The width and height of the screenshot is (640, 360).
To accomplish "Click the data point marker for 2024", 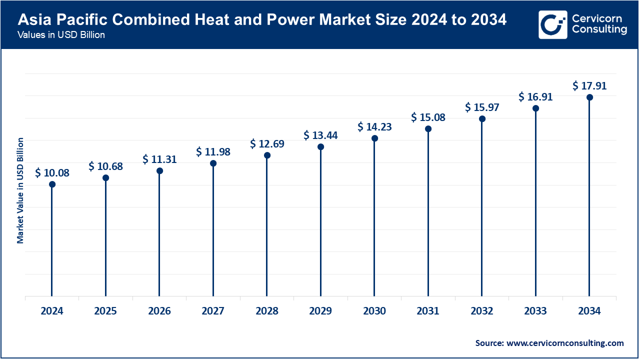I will (x=52, y=184).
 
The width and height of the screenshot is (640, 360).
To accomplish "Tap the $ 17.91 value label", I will (x=589, y=86).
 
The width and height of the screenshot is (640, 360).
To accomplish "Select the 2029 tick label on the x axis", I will (x=320, y=311).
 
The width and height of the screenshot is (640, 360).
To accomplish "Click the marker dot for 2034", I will (x=589, y=97).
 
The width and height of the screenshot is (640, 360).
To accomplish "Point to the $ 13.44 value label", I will (x=320, y=135).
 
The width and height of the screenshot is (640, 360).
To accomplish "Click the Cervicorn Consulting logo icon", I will (x=552, y=24).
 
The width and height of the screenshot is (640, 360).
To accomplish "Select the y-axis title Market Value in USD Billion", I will (x=20, y=190).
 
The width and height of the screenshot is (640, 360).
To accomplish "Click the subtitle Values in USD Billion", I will (x=60, y=35).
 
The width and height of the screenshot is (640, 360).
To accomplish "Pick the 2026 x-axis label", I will (x=159, y=311).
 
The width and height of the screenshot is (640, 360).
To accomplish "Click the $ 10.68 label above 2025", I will (x=105, y=166).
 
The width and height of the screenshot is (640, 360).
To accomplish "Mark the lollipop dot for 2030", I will (x=374, y=138).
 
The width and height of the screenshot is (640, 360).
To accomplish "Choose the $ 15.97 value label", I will (x=482, y=107).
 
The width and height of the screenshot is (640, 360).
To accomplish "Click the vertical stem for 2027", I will (x=213, y=230).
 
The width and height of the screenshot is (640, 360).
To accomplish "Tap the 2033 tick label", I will (x=535, y=311).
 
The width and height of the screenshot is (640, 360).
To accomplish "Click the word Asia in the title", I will (x=33, y=20).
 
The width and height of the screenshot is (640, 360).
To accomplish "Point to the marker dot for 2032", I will (x=482, y=119).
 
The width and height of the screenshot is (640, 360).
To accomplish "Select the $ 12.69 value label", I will (x=267, y=144).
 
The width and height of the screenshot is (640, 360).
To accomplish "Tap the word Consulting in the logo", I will (x=599, y=29).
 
